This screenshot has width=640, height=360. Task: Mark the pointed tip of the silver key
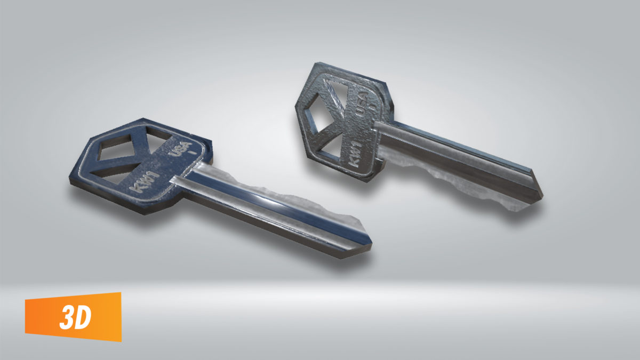pyautogui.click(x=540, y=193)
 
